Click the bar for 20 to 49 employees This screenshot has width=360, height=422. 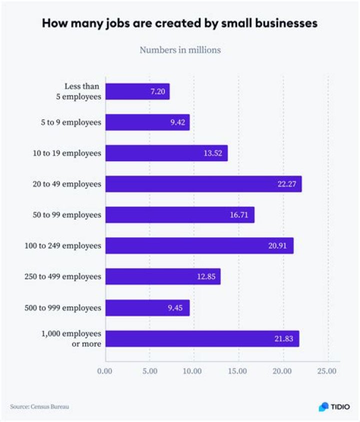203,184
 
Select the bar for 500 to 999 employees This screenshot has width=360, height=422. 147,307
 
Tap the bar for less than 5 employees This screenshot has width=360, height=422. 137,92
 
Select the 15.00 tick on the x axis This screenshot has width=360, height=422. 237,371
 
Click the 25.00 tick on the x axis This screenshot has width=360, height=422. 326,371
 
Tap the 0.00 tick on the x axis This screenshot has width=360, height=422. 105,371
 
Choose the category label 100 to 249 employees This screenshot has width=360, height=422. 63,246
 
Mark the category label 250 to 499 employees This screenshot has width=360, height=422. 63,276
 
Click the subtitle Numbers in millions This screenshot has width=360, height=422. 180,50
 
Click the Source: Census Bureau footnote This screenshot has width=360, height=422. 39,406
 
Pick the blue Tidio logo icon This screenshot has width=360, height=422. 324,407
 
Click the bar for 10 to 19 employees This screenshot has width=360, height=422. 166,153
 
